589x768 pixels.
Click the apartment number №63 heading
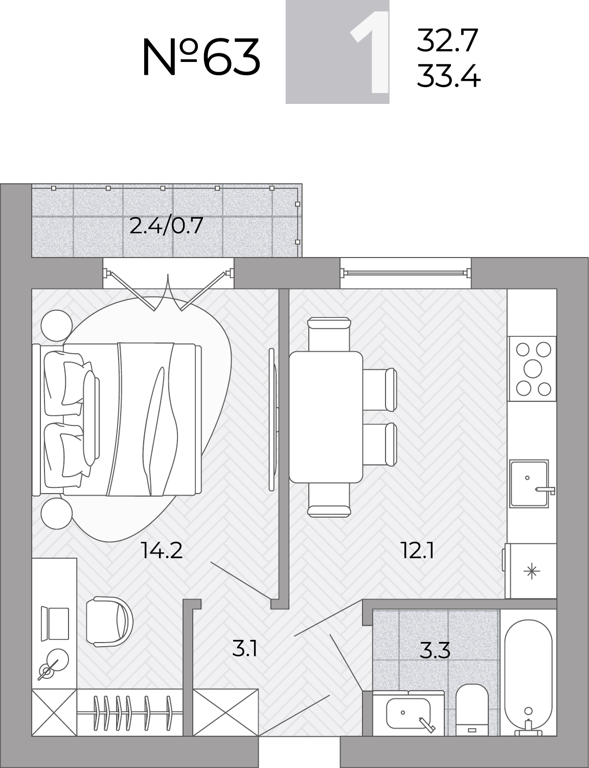tap(201, 58)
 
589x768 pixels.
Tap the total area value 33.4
tap(448, 75)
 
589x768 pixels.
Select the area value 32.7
tap(447, 40)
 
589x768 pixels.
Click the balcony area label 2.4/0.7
tap(166, 226)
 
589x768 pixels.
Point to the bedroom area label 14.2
tap(162, 550)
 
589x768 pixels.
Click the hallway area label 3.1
tap(244, 649)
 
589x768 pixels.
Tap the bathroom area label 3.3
tap(435, 650)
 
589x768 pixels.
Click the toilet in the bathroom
tap(472, 710)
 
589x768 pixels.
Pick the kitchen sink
tap(529, 484)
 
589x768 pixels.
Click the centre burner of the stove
tap(533, 369)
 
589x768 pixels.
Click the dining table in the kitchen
tap(326, 417)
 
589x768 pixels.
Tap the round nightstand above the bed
tap(57, 326)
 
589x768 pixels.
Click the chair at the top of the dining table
tap(329, 334)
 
